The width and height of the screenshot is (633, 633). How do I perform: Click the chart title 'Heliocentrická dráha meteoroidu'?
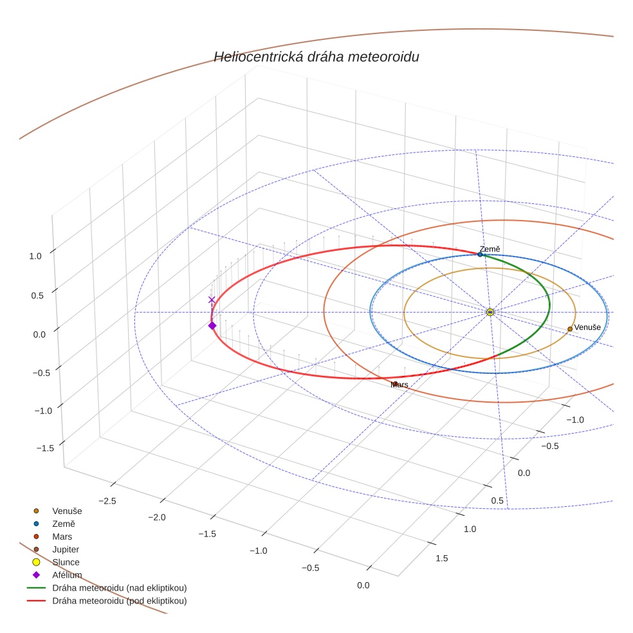316,57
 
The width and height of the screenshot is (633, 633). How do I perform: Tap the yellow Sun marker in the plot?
490,312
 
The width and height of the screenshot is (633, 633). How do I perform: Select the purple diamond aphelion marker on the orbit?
212,326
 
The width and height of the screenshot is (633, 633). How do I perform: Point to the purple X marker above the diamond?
212,300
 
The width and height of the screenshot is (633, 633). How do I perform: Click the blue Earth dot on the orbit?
480,254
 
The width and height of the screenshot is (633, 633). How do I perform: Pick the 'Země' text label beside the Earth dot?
490,249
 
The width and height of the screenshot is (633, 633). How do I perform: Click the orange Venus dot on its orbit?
570,329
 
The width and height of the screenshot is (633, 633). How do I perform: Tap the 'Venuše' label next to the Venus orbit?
587,327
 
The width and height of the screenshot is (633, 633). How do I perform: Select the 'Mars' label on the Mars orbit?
399,385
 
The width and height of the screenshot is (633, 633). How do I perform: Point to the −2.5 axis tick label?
107,501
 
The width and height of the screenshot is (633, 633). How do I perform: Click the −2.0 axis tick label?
157,518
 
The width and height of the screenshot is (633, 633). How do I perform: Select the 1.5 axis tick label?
442,558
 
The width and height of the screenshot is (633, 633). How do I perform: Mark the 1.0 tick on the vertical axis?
35,256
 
